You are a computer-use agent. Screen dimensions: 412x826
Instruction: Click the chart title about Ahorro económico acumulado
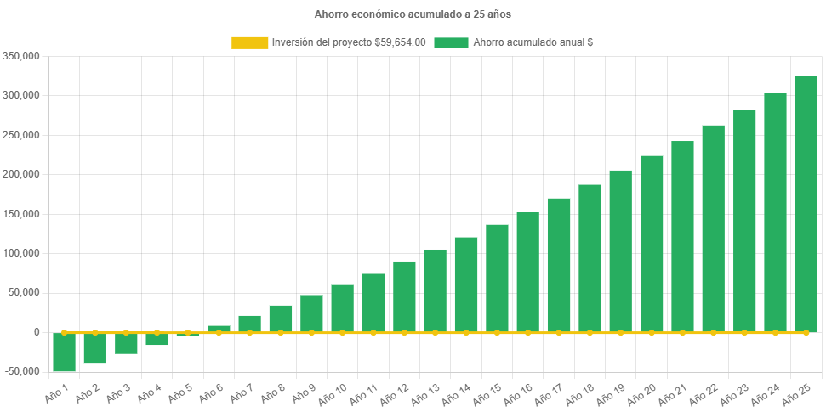(x=413, y=14)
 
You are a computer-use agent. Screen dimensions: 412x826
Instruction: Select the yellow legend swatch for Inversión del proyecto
(x=249, y=42)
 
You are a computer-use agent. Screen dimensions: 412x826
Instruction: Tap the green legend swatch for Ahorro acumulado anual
(x=451, y=42)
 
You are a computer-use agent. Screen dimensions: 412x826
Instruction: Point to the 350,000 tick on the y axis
(x=23, y=56)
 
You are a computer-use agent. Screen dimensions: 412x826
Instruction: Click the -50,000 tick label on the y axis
(x=23, y=371)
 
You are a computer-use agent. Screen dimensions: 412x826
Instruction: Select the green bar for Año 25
(x=806, y=204)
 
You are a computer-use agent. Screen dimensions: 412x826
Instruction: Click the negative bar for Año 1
(x=65, y=352)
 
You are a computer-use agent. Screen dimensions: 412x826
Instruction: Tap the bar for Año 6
(x=219, y=328)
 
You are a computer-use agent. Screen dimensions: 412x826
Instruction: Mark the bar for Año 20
(x=652, y=244)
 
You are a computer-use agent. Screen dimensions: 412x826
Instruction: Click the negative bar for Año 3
(x=126, y=343)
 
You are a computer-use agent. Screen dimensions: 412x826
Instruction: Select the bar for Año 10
(x=342, y=308)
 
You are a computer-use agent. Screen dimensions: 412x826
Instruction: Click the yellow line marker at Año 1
(x=65, y=332)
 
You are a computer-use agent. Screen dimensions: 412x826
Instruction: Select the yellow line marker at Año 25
(x=806, y=332)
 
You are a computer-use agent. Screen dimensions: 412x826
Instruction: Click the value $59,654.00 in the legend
(x=400, y=42)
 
